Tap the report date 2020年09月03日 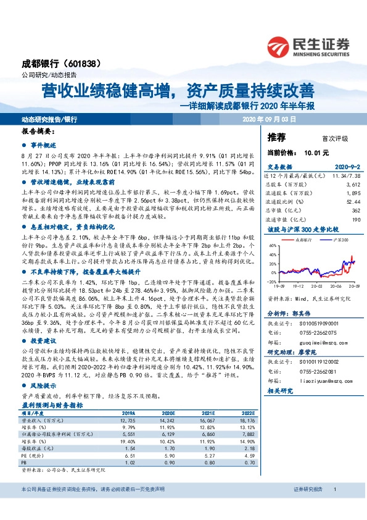(x=270, y=119)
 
